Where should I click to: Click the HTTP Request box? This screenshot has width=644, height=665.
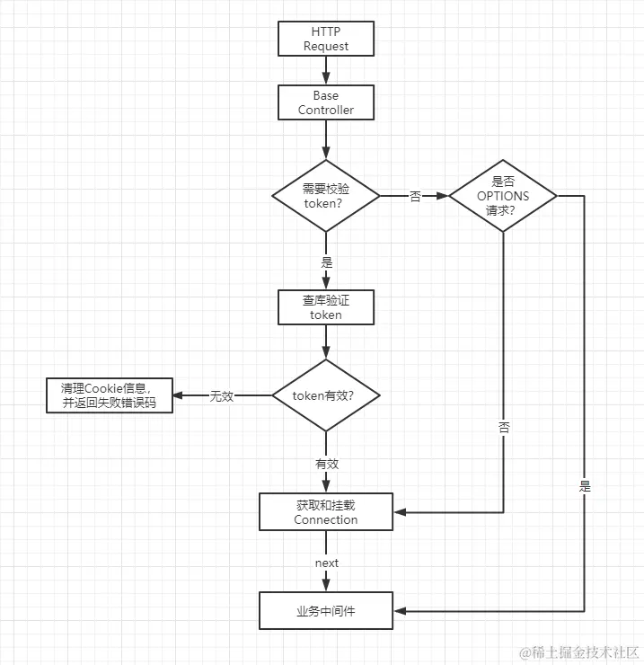click(325, 40)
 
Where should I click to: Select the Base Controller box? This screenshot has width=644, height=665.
click(325, 102)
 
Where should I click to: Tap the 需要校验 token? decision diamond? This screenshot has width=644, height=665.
click(325, 195)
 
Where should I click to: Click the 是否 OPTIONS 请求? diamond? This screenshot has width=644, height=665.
click(503, 195)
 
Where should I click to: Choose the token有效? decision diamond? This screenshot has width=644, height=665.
click(325, 395)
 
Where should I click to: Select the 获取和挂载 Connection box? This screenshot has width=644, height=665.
click(325, 512)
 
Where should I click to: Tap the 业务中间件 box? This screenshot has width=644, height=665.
click(325, 611)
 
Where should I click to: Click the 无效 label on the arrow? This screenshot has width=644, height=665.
click(222, 395)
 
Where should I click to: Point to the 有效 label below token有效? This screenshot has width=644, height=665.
click(326, 464)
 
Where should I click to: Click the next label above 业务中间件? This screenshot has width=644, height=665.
click(326, 563)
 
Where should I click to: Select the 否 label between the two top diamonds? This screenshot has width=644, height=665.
click(415, 196)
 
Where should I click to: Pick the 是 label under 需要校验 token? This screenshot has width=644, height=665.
click(326, 262)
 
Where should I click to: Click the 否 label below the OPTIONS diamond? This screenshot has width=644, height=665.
click(503, 428)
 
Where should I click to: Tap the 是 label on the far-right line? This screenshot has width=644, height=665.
click(585, 485)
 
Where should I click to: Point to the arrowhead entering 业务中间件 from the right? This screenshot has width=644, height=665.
click(400, 611)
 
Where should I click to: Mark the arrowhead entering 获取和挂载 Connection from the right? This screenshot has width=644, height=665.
click(400, 512)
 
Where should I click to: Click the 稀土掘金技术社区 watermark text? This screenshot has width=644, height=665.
click(581, 652)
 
